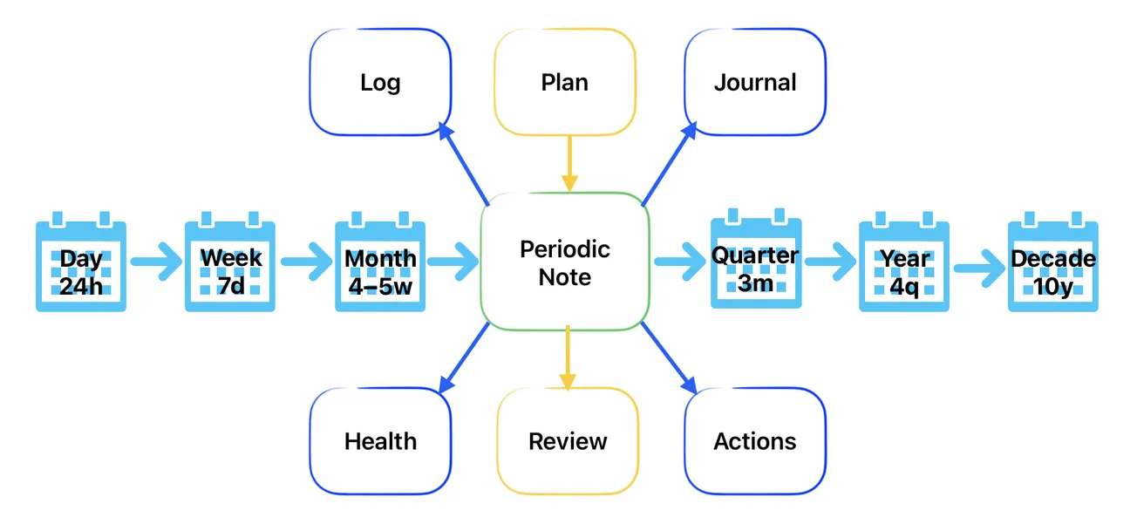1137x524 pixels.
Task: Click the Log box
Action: pyautogui.click(x=380, y=82)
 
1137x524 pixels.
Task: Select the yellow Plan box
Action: pyautogui.click(x=565, y=82)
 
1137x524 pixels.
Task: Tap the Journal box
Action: pyautogui.click(x=755, y=82)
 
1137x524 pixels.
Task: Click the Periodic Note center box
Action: pyautogui.click(x=565, y=262)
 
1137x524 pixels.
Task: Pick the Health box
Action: pyautogui.click(x=380, y=441)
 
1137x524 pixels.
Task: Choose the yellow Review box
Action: pyautogui.click(x=568, y=441)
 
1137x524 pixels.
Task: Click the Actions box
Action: pyautogui.click(x=755, y=441)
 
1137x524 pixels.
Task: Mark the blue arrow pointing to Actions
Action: pyautogui.click(x=670, y=358)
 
